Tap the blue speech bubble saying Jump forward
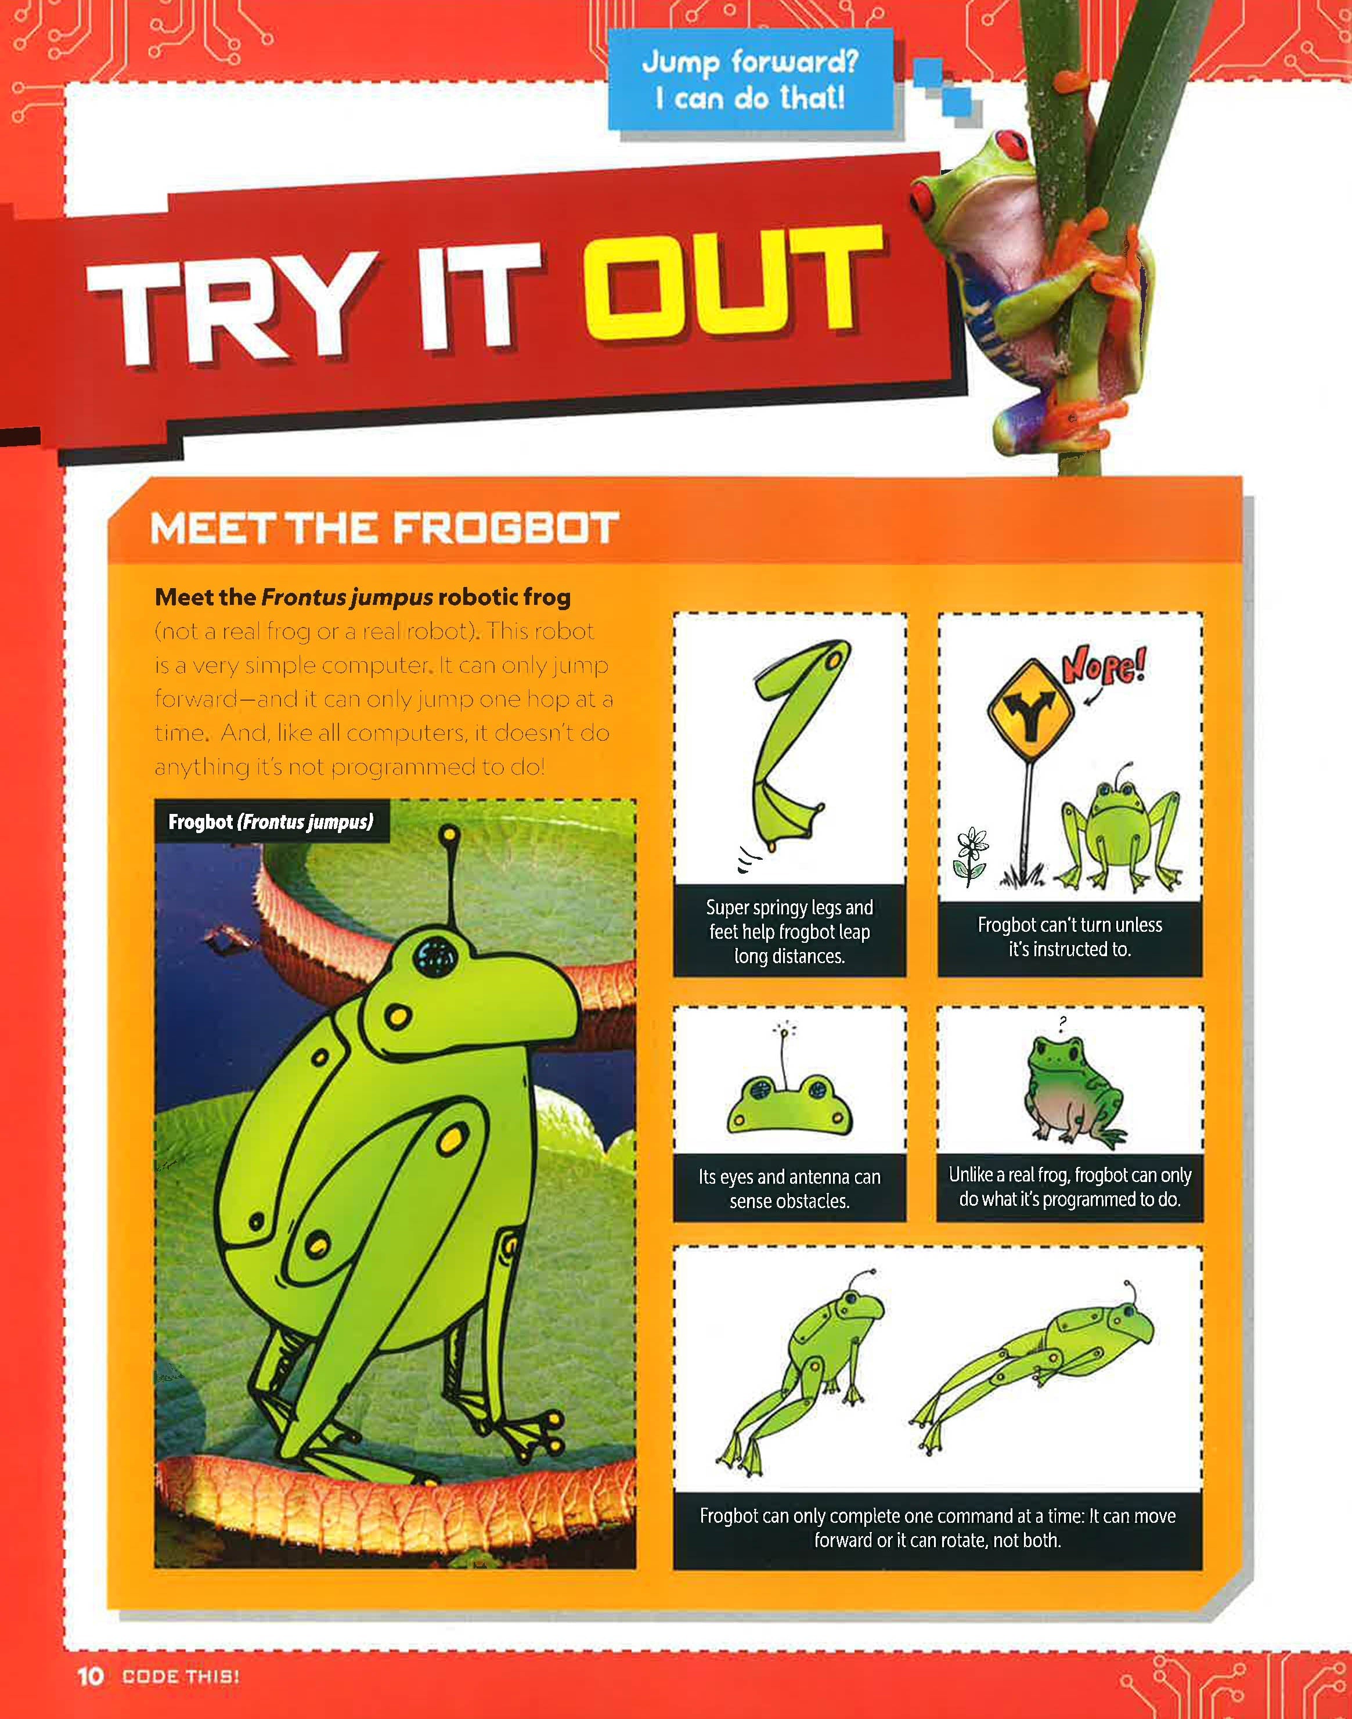(x=749, y=79)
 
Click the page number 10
(x=90, y=1676)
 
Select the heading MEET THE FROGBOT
(x=384, y=528)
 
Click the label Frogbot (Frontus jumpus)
(x=271, y=821)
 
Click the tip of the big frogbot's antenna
(x=449, y=834)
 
